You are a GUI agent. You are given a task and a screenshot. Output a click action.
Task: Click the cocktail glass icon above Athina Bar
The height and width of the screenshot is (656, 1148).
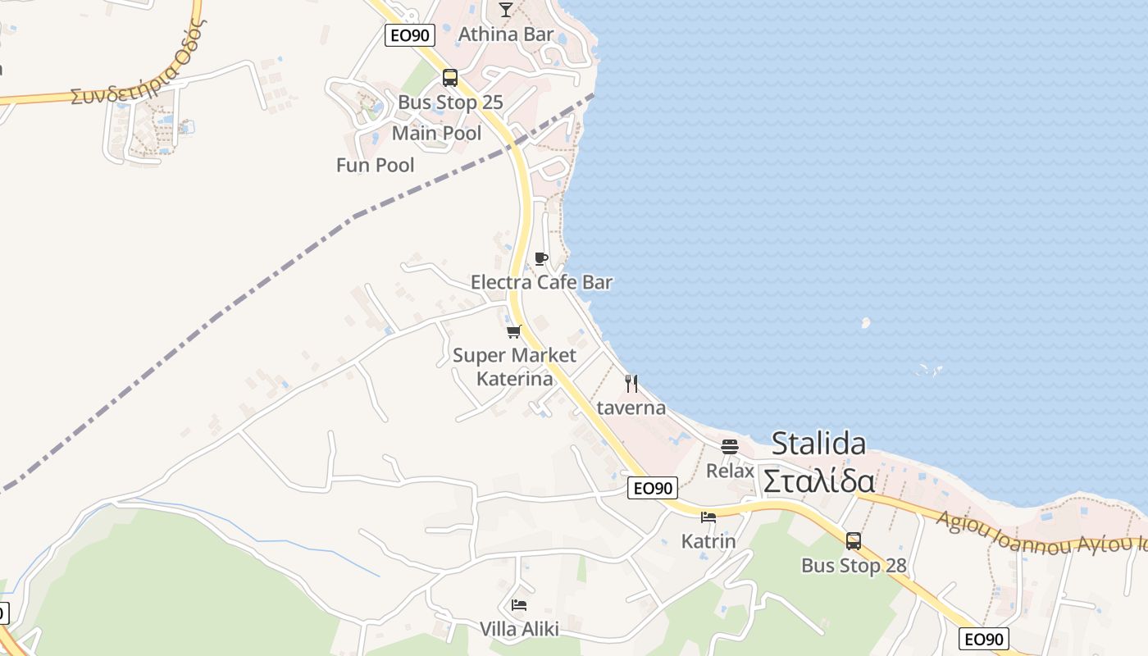click(x=505, y=10)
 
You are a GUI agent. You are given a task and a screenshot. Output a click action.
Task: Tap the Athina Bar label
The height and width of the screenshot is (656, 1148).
click(x=505, y=34)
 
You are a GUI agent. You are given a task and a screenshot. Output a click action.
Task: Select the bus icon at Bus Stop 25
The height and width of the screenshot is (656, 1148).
click(x=449, y=78)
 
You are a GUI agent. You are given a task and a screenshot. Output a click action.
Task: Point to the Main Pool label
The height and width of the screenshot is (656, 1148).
click(x=436, y=133)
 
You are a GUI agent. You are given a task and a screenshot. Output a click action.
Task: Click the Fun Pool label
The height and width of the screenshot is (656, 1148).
click(x=375, y=165)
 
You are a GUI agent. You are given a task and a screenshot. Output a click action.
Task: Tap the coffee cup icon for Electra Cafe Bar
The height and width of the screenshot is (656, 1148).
click(x=540, y=259)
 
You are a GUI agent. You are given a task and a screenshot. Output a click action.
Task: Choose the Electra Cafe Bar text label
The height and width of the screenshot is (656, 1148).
click(x=541, y=282)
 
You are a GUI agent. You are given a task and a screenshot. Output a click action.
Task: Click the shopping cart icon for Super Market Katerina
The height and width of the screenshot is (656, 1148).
click(x=514, y=331)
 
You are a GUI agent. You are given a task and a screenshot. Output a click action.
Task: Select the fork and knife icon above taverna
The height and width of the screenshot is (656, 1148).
click(x=631, y=383)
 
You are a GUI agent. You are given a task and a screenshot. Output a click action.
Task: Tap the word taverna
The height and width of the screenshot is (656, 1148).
click(x=631, y=408)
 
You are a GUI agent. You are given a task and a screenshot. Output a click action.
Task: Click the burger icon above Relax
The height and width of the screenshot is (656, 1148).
click(x=730, y=447)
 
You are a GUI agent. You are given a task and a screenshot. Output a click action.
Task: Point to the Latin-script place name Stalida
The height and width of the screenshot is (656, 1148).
click(x=818, y=444)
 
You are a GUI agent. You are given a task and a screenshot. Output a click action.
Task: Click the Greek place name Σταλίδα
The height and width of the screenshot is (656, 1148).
click(x=818, y=481)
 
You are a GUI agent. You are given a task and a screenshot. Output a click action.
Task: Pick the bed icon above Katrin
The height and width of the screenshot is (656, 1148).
click(x=708, y=517)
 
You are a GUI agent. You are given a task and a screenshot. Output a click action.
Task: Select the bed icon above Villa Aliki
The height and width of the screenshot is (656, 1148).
click(x=518, y=605)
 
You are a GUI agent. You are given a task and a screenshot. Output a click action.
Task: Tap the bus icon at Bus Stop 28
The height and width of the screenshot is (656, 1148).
click(x=854, y=540)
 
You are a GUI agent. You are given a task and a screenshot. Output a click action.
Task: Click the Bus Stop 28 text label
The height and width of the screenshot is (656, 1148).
click(x=854, y=566)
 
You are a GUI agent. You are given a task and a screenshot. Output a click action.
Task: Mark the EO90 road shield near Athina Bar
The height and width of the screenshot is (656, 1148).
click(x=409, y=34)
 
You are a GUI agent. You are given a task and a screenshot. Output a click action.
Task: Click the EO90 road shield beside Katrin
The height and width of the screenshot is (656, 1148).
click(x=653, y=488)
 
